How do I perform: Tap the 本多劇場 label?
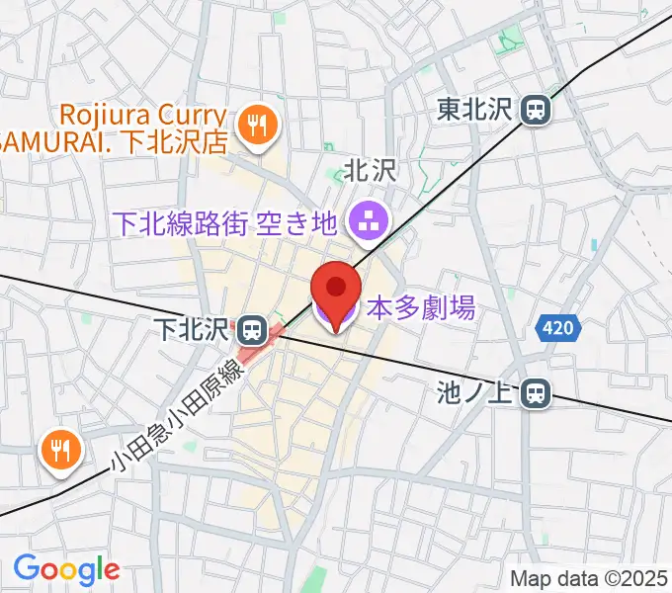pos(421,309)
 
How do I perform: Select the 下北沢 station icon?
pos(251,327)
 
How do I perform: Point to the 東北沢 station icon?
pos(537,109)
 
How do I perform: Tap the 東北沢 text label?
pos(476,109)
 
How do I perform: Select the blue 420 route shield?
pos(556,330)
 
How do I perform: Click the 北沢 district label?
pos(370,171)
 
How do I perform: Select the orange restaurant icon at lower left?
pos(60,451)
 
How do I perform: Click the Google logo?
pos(66,569)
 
